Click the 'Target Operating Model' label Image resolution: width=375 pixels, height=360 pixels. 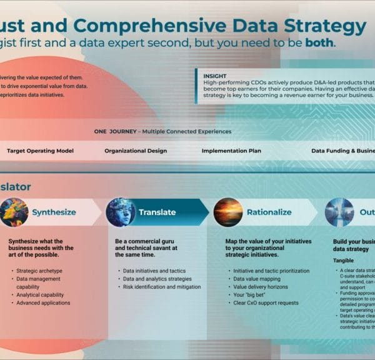click(x=40, y=151)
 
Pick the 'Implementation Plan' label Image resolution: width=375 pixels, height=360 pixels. click(x=231, y=151)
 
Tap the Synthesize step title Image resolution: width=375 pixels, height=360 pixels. click(x=54, y=212)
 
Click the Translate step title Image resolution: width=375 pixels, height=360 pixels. click(x=158, y=212)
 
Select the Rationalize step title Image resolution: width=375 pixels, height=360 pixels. click(x=269, y=212)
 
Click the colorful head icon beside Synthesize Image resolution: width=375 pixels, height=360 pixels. click(x=14, y=212)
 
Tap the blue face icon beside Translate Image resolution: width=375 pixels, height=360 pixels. click(x=121, y=212)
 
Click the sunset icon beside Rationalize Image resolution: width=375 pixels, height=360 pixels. click(x=228, y=212)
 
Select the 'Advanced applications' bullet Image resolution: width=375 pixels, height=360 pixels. click(x=44, y=303)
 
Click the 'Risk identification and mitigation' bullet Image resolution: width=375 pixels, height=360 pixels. click(x=161, y=287)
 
